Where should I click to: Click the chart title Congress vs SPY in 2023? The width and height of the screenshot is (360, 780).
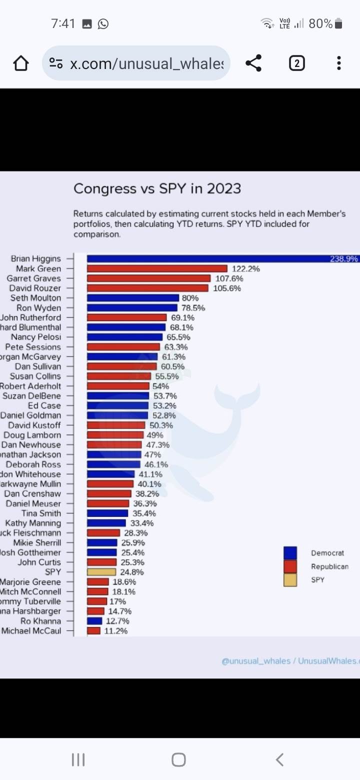pos(157,188)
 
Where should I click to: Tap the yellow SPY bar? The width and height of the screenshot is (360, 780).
pos(101,572)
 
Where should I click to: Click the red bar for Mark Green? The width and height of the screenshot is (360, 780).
pos(157,268)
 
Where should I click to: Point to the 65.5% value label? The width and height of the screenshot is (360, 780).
pos(178,337)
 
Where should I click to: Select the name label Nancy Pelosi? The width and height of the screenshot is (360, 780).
pos(36,337)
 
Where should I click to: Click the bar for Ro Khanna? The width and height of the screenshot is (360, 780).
pos(94,621)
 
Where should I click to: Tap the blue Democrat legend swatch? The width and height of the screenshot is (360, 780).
pos(290,553)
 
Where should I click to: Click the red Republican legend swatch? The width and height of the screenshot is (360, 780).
pos(290,566)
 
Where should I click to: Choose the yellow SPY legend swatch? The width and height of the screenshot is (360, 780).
pos(290,580)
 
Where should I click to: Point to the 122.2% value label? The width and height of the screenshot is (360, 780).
pos(245,268)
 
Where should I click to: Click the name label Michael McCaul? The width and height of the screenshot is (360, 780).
pos(31,631)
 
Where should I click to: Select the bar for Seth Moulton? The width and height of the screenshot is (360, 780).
pos(132,298)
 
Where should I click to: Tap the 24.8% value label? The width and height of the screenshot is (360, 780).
pos(132,572)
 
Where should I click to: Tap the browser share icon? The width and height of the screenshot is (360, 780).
pos(253,63)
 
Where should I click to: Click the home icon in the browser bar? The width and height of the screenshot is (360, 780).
pos(20,63)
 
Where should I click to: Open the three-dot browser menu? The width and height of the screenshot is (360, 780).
pos(339,63)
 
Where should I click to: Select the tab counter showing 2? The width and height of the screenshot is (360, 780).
pos(296,63)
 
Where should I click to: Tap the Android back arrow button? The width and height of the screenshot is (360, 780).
pos(279,759)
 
